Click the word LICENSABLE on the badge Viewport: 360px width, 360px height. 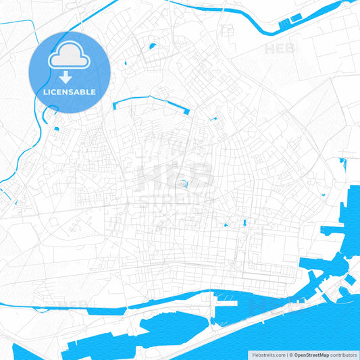70,91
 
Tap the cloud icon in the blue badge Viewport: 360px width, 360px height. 70,60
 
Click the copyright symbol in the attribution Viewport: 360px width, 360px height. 290,354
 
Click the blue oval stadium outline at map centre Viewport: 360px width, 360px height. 184,183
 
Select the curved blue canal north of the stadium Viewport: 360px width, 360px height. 149,100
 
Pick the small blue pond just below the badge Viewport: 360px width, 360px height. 56,128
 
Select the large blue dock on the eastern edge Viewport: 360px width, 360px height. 351,223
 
